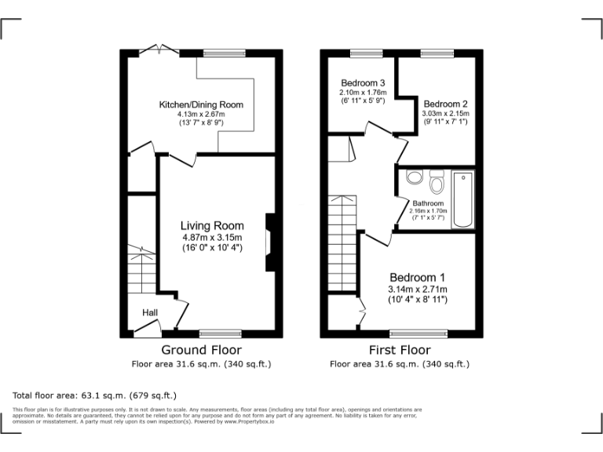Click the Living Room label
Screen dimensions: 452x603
point(212,226)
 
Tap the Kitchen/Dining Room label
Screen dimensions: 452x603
point(201,104)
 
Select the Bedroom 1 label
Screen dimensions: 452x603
point(418,278)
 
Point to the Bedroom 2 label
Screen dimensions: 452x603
point(445,104)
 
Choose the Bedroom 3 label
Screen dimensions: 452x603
point(362,83)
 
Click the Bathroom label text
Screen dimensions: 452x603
point(429,203)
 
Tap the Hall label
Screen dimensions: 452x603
point(150,312)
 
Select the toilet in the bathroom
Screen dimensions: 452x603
point(437,183)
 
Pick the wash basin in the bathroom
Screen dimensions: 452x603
point(414,177)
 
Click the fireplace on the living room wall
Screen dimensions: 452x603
point(269,242)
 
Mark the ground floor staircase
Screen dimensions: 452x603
point(142,271)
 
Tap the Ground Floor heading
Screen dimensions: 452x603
point(201,350)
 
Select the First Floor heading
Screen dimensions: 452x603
point(400,350)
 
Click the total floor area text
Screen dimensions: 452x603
point(95,395)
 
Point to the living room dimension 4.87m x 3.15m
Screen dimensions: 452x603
point(212,238)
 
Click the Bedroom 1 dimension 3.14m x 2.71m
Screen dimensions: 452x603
point(418,290)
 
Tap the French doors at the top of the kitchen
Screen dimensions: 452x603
point(162,51)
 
